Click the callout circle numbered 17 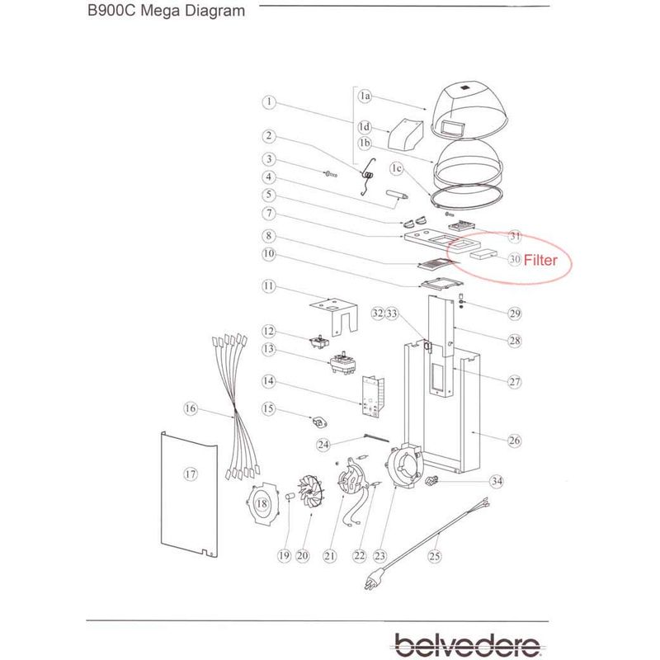pos(191,474)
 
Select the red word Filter pos(541,260)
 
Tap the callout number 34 pos(496,481)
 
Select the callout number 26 pos(514,441)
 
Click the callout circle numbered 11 pos(268,286)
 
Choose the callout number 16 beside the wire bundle pos(191,408)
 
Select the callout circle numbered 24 pos(324,445)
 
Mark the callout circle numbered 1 pos(268,103)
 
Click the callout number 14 pos(268,382)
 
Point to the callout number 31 pos(515,237)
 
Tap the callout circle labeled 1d pos(365,127)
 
